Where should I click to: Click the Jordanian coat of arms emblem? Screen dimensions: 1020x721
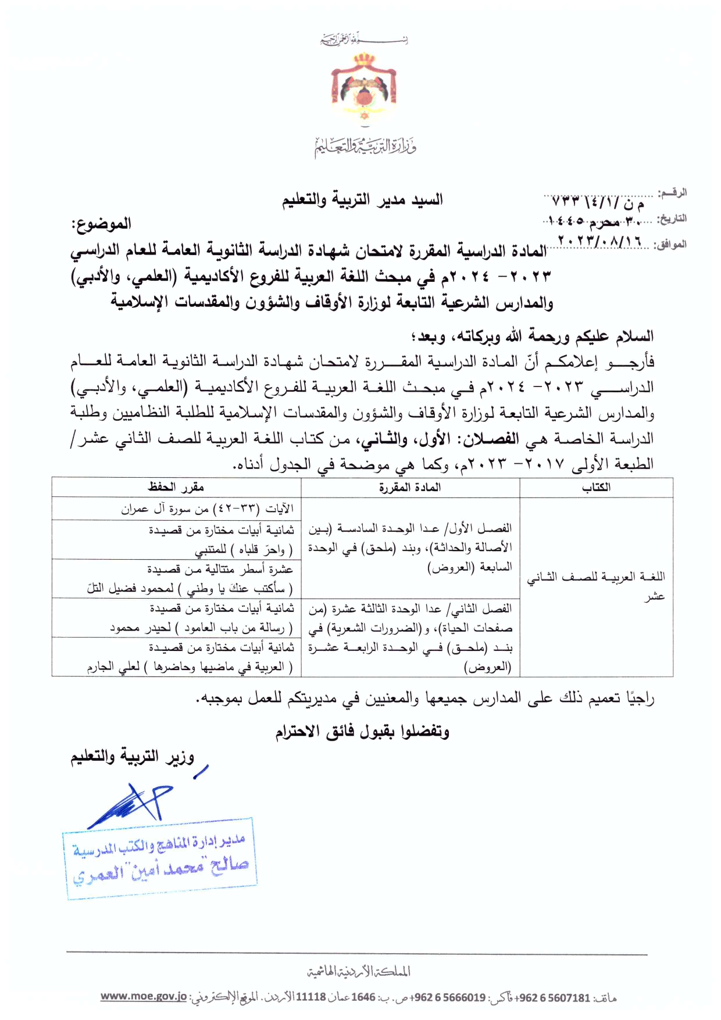point(363,87)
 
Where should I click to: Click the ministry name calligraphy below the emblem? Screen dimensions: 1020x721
point(365,145)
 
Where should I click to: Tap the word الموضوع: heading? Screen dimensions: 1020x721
point(101,224)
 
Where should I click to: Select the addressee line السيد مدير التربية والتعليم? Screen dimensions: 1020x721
point(362,200)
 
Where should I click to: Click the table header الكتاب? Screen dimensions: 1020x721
point(596,487)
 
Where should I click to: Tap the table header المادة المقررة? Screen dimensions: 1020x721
point(410,487)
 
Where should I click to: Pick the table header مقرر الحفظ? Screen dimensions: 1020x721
point(176,487)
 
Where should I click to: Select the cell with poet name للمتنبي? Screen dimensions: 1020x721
point(221,539)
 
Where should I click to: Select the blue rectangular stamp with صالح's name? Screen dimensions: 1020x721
point(160,859)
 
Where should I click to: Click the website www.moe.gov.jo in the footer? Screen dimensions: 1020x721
point(144,997)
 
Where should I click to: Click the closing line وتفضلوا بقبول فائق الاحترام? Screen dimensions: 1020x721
point(362,731)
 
